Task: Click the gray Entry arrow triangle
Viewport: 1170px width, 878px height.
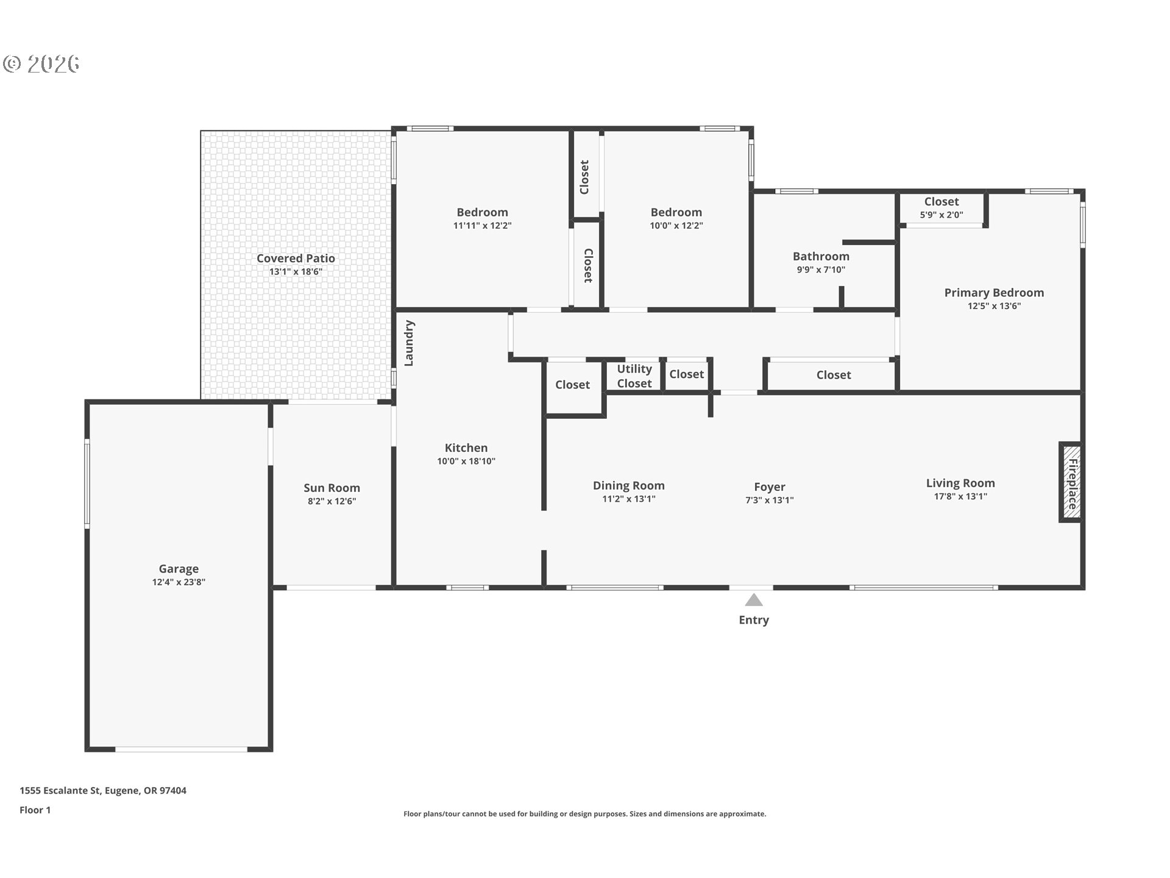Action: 754,600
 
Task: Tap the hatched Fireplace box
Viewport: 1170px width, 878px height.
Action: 1071,482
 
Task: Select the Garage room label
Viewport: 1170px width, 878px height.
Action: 179,569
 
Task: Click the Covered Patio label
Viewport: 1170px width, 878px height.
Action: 296,259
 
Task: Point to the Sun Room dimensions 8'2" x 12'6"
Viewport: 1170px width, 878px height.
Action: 331,501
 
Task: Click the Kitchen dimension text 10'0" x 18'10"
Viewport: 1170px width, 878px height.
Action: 466,461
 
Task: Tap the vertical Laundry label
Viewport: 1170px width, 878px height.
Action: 409,343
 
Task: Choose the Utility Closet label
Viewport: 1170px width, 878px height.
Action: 634,376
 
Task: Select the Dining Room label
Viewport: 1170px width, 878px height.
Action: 629,485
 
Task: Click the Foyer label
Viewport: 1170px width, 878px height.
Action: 770,487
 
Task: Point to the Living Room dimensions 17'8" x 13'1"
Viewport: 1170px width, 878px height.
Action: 960,496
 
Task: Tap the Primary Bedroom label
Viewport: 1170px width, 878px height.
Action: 994,293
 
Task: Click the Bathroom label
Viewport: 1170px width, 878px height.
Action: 821,256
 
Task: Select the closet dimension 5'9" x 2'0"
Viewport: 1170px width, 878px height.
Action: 941,215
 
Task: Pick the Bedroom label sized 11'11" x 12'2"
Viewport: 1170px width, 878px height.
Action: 482,212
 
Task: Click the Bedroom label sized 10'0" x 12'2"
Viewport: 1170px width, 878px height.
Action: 676,212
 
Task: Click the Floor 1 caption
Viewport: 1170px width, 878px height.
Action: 35,810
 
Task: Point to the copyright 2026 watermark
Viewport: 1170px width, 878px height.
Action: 41,63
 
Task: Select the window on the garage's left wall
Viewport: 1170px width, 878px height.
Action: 87,484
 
